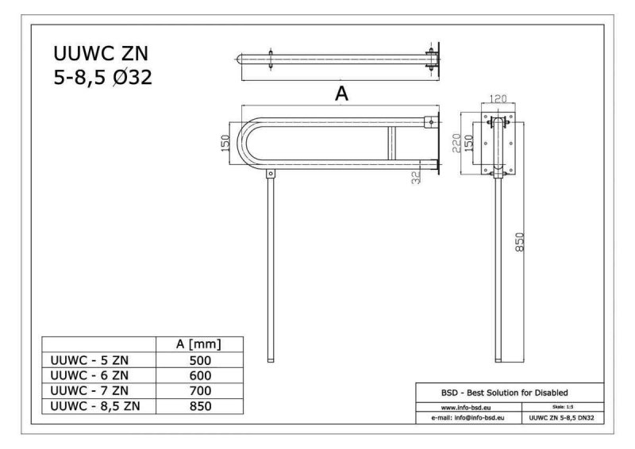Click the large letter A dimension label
point(341,94)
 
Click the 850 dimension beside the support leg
point(520,242)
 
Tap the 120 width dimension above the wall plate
point(498,98)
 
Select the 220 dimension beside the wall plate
point(456,143)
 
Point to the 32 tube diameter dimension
point(416,177)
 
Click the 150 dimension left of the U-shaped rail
point(225,143)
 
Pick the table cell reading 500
point(200,360)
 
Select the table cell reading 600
point(200,375)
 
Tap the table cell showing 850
point(200,406)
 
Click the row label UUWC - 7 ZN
point(90,391)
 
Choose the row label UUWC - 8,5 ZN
point(95,406)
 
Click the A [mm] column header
point(199,344)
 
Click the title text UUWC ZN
point(101,53)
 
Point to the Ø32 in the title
point(133,77)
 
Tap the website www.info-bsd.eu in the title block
point(466,408)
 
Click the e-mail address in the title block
point(468,417)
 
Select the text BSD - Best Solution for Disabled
point(504,393)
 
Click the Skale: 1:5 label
point(563,407)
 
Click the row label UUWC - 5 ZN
point(90,360)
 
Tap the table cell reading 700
point(200,391)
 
